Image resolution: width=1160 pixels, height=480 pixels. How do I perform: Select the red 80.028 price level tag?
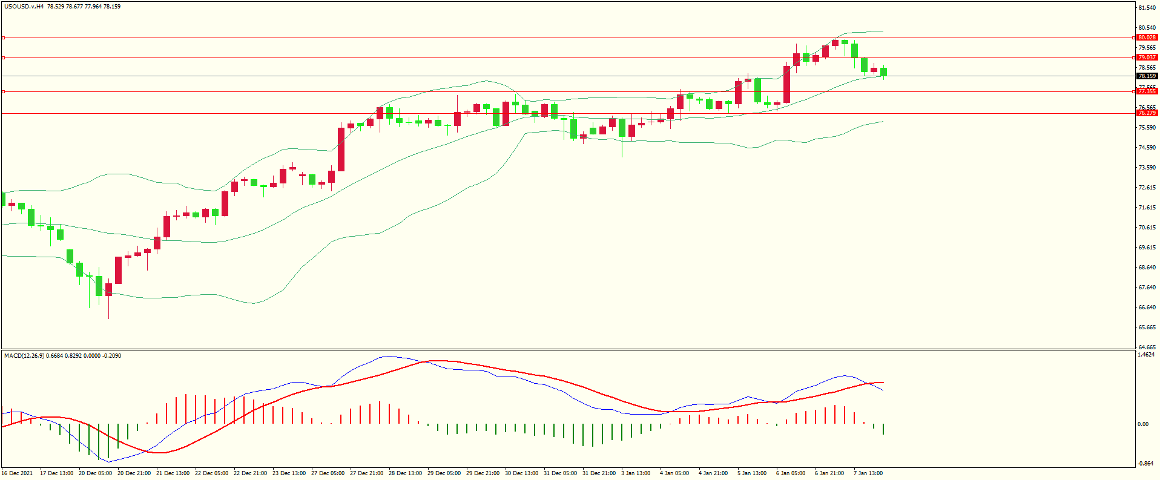pos(1147,38)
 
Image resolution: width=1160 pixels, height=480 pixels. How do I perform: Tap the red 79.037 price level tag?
pos(1147,58)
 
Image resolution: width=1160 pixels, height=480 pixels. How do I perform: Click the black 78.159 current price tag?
pos(1147,76)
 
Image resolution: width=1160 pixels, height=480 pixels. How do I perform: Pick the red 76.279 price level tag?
pos(1147,113)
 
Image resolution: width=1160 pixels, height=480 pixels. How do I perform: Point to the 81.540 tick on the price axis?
pos(1147,8)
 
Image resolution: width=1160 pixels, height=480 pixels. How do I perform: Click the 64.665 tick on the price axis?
pos(1147,347)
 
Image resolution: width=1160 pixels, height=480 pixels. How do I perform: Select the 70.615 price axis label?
pos(1147,228)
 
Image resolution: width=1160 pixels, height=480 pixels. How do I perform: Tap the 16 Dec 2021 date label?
pos(18,473)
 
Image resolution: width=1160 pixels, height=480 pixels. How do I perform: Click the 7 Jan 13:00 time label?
pos(868,473)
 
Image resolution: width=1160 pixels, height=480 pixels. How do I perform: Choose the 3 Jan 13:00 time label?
pos(636,473)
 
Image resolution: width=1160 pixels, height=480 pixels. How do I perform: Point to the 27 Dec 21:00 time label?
pos(366,473)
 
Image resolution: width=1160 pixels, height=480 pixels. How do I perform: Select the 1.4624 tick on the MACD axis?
pos(1146,355)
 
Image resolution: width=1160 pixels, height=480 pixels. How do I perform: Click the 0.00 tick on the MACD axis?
pos(1143,424)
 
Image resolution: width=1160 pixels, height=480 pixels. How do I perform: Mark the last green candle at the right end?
pos(884,71)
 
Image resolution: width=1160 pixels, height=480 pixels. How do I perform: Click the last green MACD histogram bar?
pos(883,429)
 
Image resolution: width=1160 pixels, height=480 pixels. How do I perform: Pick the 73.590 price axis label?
pos(1147,168)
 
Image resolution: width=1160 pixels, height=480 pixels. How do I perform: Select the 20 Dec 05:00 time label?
pos(95,473)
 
